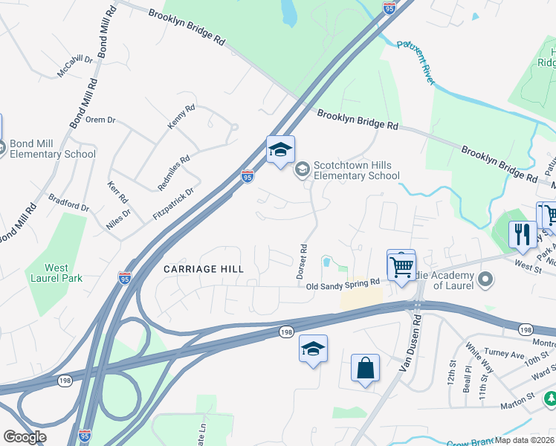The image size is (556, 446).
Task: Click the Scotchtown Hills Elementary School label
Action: [356, 170]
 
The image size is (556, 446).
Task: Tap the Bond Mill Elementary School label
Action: [53, 149]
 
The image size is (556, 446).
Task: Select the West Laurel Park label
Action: [56, 273]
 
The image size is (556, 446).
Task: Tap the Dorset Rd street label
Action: [303, 261]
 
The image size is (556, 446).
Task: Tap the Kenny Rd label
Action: [181, 117]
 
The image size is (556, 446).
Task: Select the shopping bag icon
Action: [365, 367]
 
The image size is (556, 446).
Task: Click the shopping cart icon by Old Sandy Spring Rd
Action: [401, 265]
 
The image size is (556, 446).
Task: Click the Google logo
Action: [25, 437]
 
